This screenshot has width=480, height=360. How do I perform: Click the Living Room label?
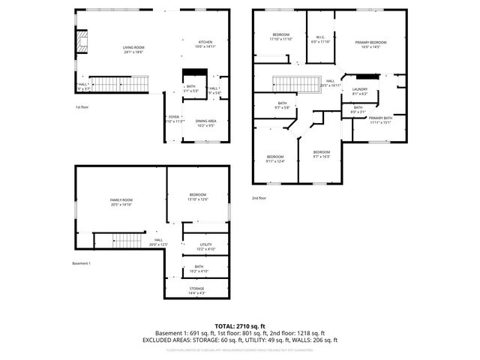[133, 49]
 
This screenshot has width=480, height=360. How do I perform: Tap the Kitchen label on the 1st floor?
[205, 43]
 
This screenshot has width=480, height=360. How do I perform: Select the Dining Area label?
[206, 123]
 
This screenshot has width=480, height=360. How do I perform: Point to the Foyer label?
[173, 118]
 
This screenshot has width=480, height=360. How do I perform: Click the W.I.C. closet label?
[320, 38]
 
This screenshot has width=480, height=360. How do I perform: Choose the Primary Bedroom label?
[370, 44]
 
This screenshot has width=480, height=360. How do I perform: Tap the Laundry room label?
[360, 91]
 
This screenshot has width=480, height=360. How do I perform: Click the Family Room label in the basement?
[121, 201]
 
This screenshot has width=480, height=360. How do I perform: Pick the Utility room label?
[205, 246]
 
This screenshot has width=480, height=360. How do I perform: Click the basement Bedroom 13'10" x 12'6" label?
[197, 196]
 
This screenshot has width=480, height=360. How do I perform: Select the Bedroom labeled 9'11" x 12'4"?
[276, 158]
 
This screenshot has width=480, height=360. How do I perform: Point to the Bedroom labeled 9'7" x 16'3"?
[321, 154]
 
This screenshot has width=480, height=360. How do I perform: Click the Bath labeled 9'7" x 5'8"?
[282, 105]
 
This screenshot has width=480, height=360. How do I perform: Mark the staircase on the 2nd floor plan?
[289, 84]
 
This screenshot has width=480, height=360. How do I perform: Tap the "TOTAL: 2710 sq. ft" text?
[240, 325]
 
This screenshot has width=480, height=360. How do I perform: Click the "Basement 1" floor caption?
[81, 263]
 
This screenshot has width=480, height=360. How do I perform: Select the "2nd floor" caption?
[260, 198]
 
